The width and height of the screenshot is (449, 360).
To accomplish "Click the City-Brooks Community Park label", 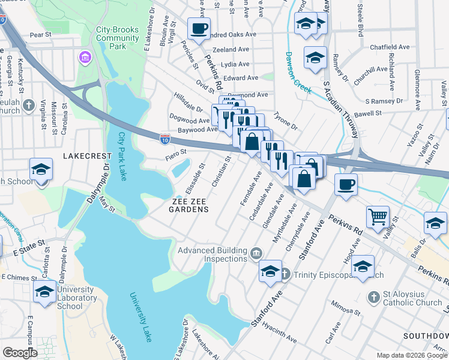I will pos(118,37).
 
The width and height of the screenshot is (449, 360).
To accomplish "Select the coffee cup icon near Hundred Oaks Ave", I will pos(199,28).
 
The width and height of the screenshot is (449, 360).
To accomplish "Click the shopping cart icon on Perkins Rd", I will pos(378,217).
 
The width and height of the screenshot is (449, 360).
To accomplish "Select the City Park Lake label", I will pos(124,157).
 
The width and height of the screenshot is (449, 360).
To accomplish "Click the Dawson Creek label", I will pos(298,72).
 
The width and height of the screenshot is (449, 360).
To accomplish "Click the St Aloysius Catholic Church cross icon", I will pos(373,297).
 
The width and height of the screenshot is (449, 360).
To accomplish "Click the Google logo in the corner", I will pos(20,353).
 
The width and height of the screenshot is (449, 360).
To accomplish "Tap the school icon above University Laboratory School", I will pos(44,292).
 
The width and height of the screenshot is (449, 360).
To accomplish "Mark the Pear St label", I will pos(41,35).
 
